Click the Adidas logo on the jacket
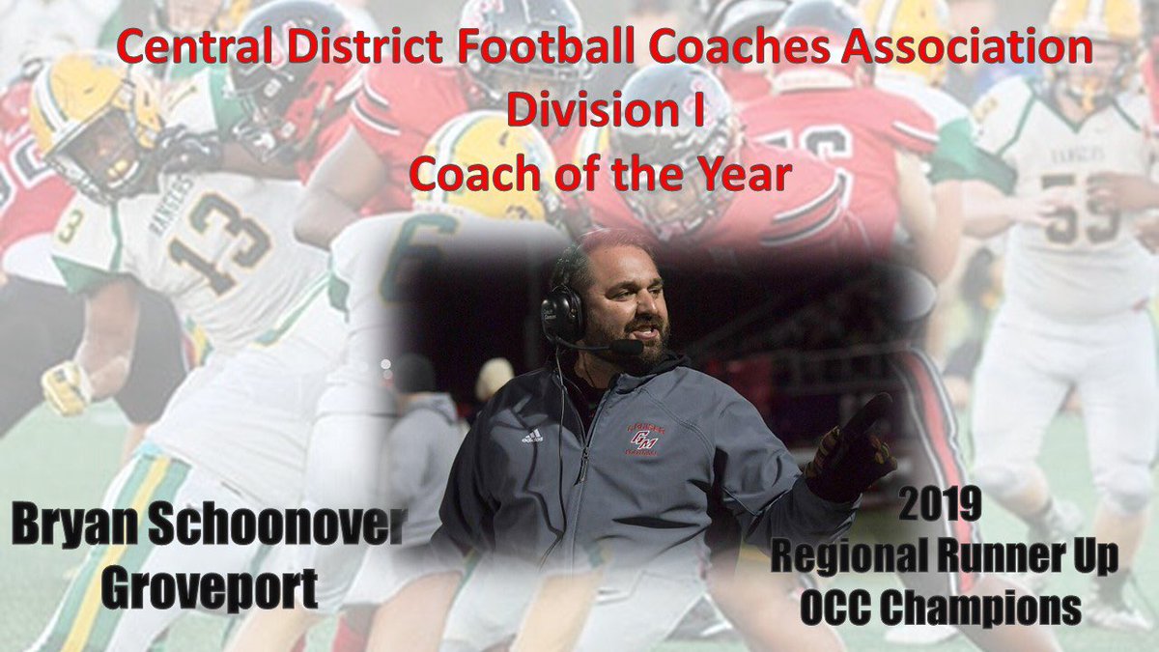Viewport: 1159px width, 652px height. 531,435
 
